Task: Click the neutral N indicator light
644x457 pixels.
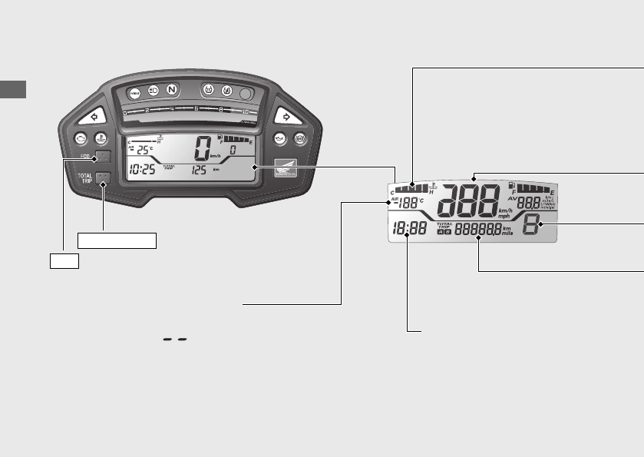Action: click(171, 91)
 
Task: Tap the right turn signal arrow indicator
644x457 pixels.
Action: click(286, 118)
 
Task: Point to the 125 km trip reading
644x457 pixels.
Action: click(200, 170)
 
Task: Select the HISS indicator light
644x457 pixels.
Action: click(134, 92)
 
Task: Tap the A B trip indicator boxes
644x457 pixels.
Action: click(444, 232)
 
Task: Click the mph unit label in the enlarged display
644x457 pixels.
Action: click(504, 216)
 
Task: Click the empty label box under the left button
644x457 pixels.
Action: click(64, 260)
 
